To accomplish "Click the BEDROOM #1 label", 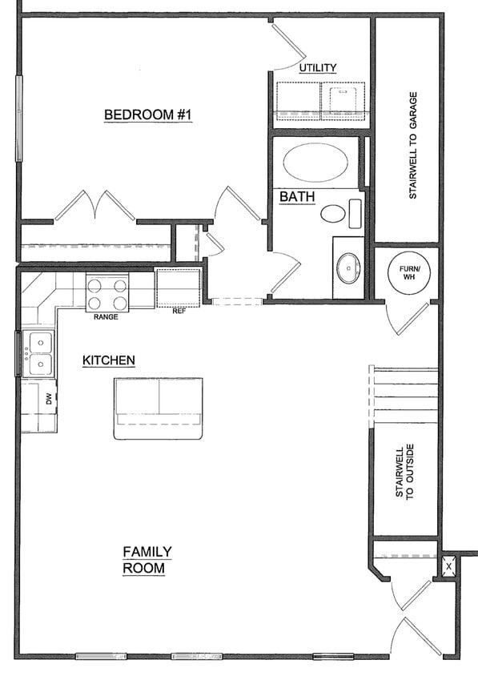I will point(148,115).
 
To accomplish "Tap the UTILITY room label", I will point(318,68).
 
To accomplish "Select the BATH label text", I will point(296,196).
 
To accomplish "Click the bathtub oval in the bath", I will point(315,163).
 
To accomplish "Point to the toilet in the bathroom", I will point(333,214).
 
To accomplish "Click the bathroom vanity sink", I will point(348,268).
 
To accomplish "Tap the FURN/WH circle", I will point(408,271).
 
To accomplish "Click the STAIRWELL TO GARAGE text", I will point(413,146).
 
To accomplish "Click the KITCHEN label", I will point(108,361).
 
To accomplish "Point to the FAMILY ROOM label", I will point(146,560).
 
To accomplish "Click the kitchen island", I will point(158,408).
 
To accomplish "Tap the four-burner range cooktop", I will point(107,292).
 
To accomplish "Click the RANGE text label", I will point(106,317).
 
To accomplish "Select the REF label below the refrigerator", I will point(179,312).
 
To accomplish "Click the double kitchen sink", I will point(38,354).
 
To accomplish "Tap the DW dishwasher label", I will point(49,398).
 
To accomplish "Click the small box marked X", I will point(448,565).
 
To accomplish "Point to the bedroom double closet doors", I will point(95,206).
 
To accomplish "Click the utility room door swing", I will point(286,46).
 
